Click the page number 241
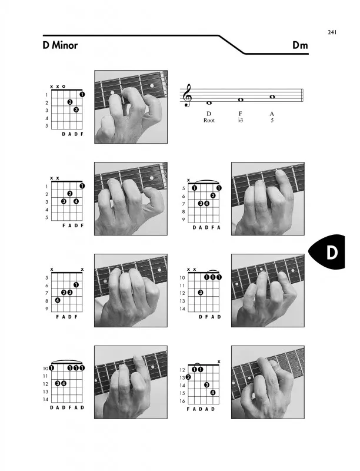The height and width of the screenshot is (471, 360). (332, 32)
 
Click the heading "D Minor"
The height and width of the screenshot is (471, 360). (61, 45)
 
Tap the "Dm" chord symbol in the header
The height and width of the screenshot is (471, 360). (301, 45)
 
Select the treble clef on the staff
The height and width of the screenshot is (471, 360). (188, 95)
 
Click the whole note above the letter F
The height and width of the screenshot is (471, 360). (241, 99)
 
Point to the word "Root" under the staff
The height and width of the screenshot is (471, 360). (209, 121)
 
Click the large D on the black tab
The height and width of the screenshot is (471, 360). (332, 253)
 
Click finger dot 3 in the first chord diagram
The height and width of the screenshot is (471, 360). (76, 110)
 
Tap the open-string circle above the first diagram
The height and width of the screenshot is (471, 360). (64, 87)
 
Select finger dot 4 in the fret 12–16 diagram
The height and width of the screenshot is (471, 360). (213, 392)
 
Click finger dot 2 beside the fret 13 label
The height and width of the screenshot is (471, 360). (188, 377)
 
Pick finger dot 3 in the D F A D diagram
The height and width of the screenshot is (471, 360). (201, 292)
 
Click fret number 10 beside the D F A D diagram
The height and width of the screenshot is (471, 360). (182, 278)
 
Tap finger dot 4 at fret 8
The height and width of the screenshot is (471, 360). (58, 300)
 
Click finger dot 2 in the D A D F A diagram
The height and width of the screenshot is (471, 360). (213, 195)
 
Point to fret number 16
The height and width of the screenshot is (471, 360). (182, 401)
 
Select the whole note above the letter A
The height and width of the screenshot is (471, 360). (272, 97)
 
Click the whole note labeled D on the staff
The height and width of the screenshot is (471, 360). (209, 103)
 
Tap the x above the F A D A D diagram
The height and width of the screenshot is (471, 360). (219, 361)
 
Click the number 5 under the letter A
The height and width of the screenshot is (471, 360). (272, 120)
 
